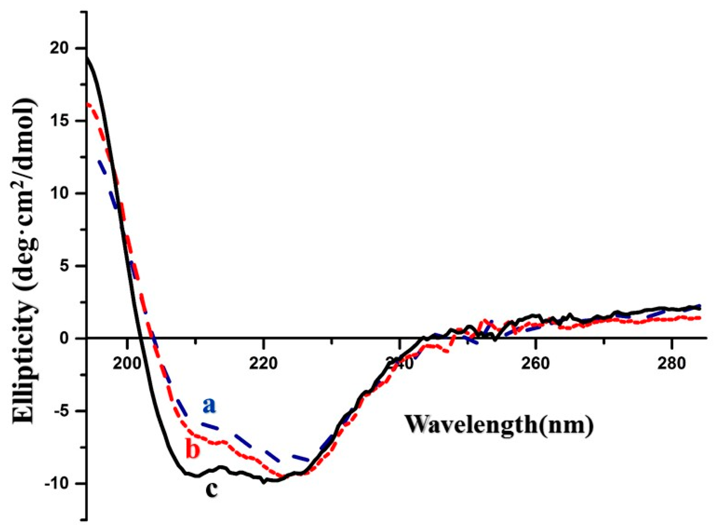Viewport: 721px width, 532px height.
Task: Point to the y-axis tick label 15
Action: coord(65,121)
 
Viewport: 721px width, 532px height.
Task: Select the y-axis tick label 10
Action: coord(65,194)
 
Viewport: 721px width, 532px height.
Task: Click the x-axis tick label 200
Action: coord(127,363)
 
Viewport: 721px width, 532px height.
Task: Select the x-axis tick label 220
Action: coord(263,363)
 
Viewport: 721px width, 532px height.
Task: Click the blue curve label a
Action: coord(209,406)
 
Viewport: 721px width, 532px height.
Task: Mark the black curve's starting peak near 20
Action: coord(87,58)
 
